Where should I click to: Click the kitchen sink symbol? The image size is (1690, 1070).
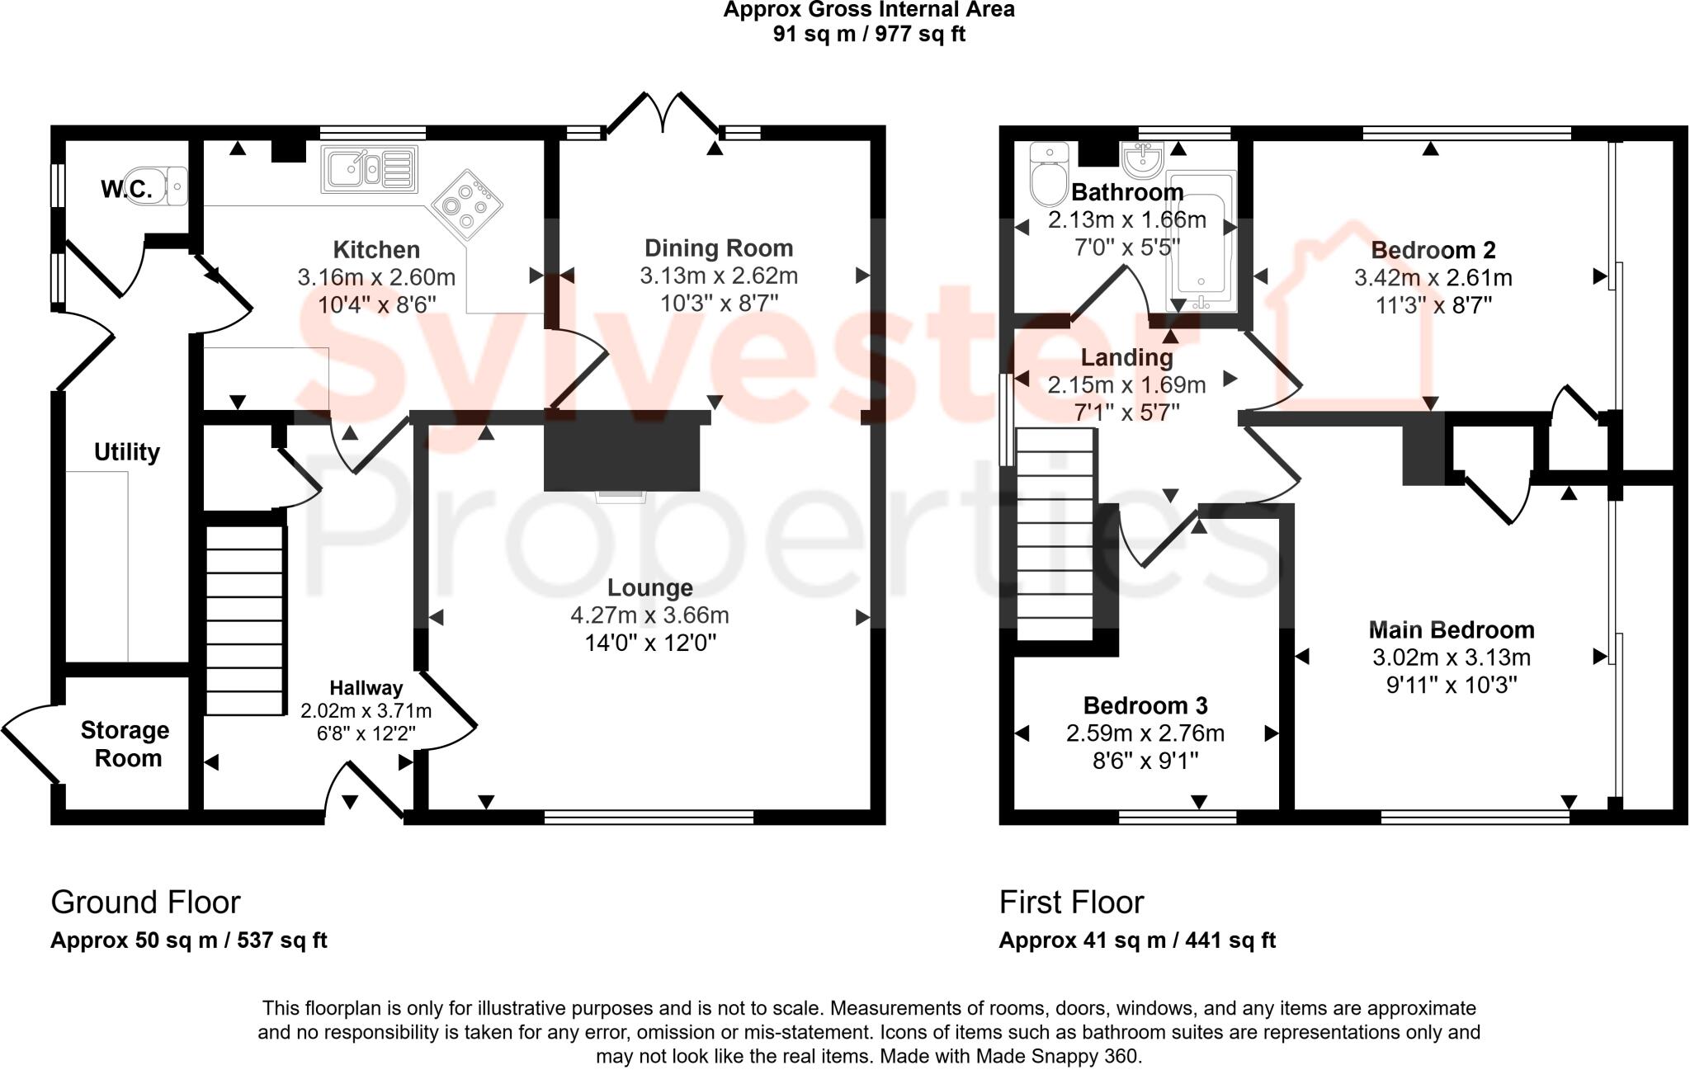point(369,169)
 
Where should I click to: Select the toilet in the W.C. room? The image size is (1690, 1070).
point(175,186)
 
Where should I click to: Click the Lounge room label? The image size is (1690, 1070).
point(649,588)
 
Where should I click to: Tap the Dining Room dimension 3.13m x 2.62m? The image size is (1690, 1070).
point(718,276)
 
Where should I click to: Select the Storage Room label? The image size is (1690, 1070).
point(125,744)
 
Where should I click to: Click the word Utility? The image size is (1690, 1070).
point(126,452)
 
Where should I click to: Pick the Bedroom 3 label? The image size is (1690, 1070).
point(1145,706)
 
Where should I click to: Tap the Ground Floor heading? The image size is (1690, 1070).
point(145,903)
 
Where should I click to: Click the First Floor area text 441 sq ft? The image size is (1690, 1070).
point(1230,940)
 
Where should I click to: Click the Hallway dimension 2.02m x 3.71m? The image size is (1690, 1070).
point(366,710)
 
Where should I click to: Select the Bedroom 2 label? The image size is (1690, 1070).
point(1433,250)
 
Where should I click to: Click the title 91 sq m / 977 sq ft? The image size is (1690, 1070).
point(869,34)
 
